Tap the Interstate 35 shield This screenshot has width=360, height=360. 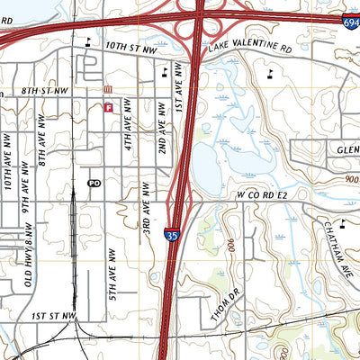click(171, 236)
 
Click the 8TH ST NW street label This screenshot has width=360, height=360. click(47, 91)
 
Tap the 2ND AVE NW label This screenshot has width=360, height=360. click(163, 126)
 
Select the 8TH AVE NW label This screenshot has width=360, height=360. click(42, 142)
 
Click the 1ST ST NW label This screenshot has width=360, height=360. click(51, 317)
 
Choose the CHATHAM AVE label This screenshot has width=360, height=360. click(343, 241)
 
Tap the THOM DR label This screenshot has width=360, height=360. click(221, 311)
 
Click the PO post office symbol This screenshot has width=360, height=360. click(94, 183)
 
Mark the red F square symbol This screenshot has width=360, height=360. click(108, 107)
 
